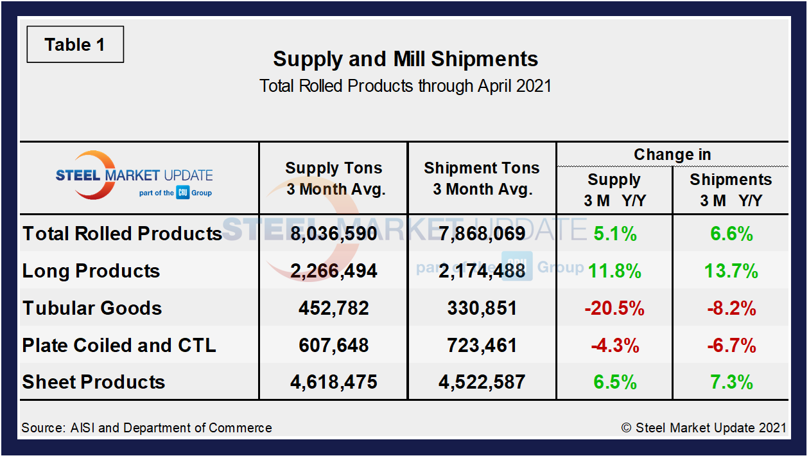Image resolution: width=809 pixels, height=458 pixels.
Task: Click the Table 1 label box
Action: click(x=75, y=45)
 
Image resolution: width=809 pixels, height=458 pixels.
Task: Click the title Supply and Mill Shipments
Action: click(x=405, y=59)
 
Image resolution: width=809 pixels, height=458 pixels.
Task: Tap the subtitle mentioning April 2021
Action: click(x=405, y=86)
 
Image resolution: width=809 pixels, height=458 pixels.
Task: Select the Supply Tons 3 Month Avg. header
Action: click(x=334, y=179)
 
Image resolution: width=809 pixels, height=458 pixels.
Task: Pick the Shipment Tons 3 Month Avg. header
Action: click(x=482, y=179)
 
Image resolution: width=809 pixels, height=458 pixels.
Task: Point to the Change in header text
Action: click(x=672, y=155)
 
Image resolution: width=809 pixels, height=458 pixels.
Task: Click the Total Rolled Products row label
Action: click(x=123, y=233)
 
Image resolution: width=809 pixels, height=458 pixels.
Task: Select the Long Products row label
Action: click(x=91, y=270)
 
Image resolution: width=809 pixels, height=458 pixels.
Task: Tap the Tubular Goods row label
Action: click(x=92, y=308)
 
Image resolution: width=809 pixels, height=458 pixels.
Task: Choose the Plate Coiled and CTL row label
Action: click(x=119, y=345)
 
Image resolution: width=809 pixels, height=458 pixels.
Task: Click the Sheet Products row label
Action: click(x=94, y=382)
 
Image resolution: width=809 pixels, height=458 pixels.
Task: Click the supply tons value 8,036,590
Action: click(x=334, y=233)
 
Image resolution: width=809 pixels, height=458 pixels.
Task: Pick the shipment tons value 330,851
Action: click(x=482, y=308)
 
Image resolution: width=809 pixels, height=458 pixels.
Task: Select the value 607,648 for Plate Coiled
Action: click(x=334, y=345)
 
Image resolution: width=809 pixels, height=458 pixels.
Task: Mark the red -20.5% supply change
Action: click(x=614, y=308)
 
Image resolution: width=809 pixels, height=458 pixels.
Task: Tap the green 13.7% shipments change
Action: click(x=731, y=270)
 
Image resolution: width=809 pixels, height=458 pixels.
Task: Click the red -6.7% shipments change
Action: click(x=731, y=345)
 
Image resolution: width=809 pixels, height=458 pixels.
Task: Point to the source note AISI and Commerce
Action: click(x=146, y=428)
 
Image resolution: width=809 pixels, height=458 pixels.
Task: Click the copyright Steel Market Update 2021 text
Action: click(x=704, y=428)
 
